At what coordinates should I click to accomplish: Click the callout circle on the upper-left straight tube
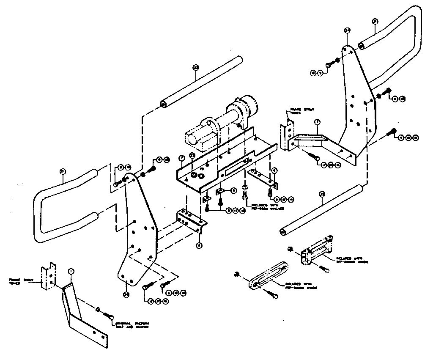(195, 67)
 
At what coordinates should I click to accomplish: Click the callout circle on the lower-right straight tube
(322, 194)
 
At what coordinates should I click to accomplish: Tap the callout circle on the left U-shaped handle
(62, 171)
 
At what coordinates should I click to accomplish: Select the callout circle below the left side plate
(126, 294)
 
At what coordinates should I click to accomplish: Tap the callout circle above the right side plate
(347, 30)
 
